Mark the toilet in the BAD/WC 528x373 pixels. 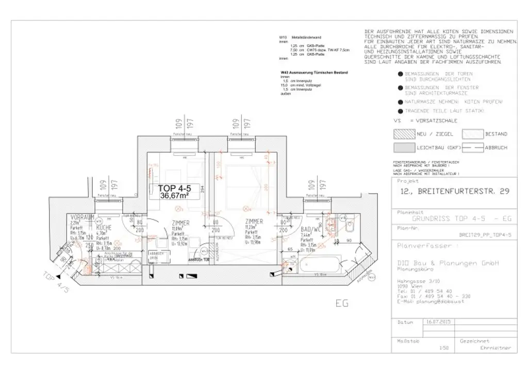350,225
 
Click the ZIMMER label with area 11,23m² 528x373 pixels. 254,222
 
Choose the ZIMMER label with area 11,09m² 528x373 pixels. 182,222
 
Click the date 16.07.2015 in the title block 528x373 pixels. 438,321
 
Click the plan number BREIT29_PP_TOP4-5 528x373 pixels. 485,235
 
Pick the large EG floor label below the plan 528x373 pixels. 342,303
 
